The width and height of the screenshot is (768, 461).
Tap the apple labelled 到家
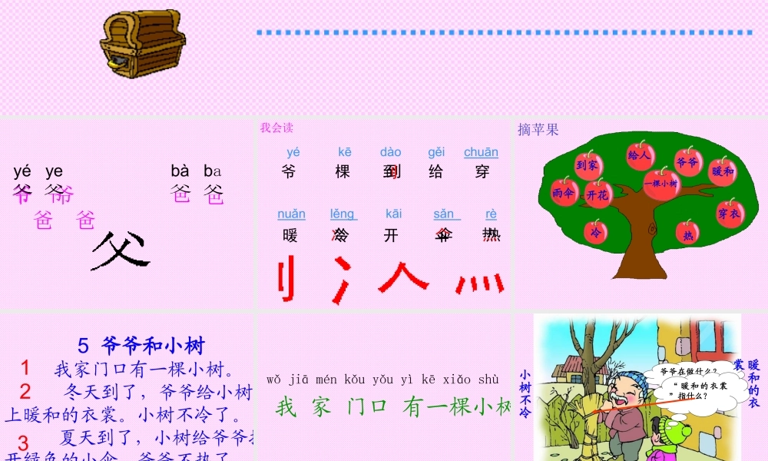click(588, 164)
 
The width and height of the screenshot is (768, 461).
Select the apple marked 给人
click(640, 154)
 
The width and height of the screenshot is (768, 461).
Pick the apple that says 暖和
click(722, 171)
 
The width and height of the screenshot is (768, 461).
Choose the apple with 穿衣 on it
click(729, 212)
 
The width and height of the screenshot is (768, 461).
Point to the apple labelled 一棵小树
click(660, 184)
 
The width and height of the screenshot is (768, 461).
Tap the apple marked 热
click(688, 234)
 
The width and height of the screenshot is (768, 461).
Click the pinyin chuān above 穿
click(481, 152)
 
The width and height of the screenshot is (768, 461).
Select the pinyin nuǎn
click(291, 214)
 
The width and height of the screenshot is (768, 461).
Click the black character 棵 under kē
click(343, 172)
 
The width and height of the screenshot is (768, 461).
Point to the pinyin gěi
click(436, 152)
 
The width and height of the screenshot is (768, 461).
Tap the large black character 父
click(120, 251)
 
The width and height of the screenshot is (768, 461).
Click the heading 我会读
click(276, 128)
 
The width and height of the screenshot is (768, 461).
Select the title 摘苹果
click(538, 130)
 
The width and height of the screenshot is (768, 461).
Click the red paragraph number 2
click(25, 393)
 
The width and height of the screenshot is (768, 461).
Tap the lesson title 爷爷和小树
click(153, 345)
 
